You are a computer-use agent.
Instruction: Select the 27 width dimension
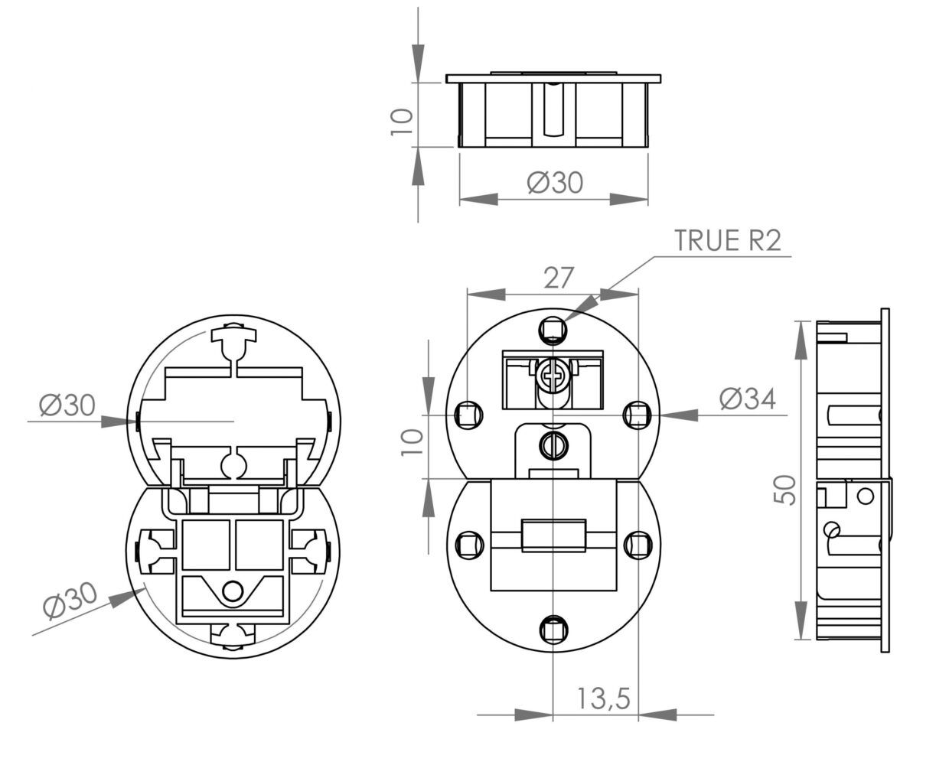tap(558, 277)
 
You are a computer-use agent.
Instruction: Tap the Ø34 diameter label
tap(747, 399)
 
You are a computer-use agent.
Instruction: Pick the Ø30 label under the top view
tap(555, 183)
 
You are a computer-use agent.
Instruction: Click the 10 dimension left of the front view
tap(412, 441)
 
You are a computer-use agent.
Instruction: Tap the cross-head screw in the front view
tap(553, 376)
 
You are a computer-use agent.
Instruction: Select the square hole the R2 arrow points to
tap(553, 330)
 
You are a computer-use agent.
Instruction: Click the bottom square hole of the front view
tap(553, 630)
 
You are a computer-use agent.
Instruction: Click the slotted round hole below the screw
tap(553, 443)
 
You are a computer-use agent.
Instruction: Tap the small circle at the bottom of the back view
tap(231, 590)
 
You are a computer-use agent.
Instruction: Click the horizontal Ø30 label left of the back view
tap(69, 404)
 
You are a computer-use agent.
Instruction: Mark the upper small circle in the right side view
tap(865, 496)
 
